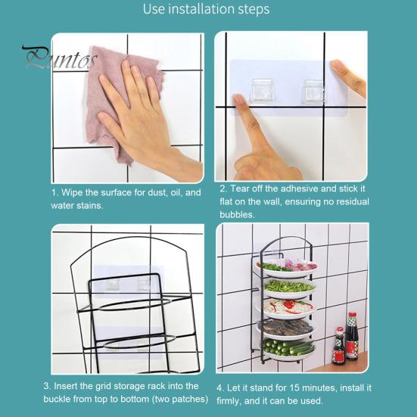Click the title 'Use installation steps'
click(x=206, y=9)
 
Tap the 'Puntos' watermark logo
click(x=59, y=58)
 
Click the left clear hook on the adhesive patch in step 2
click(x=261, y=90)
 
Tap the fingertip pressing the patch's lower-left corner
click(x=238, y=101)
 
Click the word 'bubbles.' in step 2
click(x=237, y=215)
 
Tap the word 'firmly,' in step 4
click(x=229, y=400)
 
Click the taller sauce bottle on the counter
click(x=352, y=336)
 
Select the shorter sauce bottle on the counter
click(x=339, y=347)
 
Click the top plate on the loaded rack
click(x=287, y=268)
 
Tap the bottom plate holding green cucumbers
click(x=287, y=350)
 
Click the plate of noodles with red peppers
click(x=285, y=309)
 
